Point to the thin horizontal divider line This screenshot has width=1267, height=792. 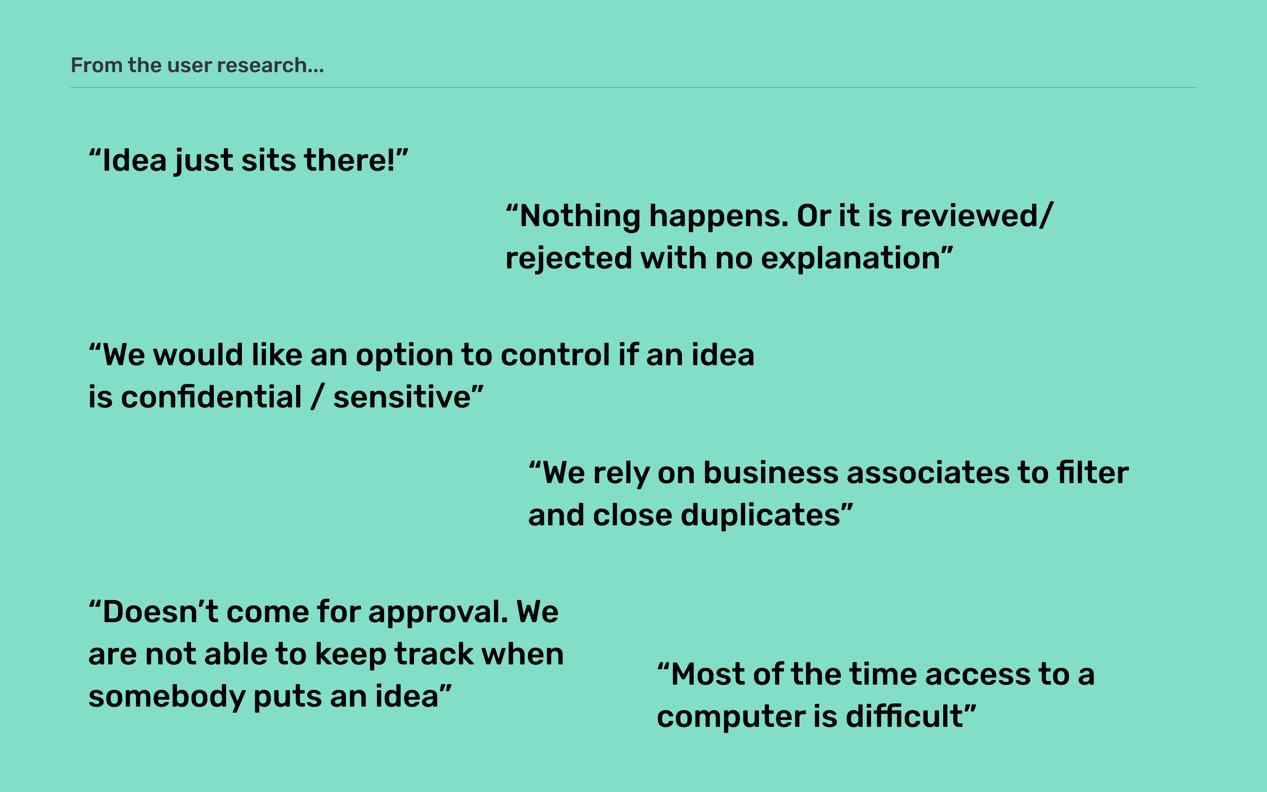(633, 88)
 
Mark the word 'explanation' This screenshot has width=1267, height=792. (851, 258)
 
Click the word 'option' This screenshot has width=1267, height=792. (404, 355)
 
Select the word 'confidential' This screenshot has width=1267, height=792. (212, 397)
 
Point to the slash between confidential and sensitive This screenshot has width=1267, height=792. (317, 397)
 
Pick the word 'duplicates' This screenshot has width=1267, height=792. (760, 515)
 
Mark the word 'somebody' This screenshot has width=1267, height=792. (167, 697)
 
